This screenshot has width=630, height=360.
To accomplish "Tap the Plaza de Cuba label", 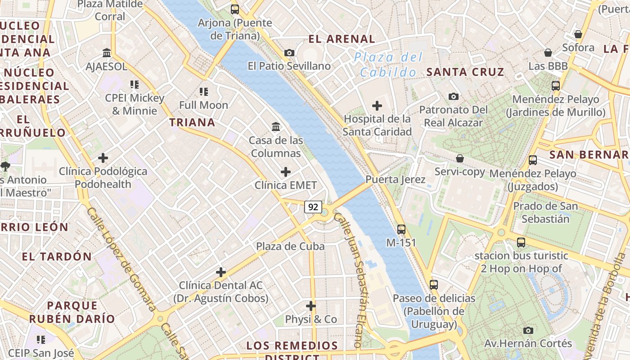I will click(x=290, y=246).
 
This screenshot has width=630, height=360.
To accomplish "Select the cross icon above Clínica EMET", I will click(x=286, y=172).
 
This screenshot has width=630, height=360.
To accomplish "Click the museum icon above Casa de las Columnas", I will click(x=276, y=127).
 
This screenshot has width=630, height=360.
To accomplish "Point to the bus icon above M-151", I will click(x=401, y=229).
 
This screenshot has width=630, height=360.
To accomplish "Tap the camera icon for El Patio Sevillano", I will click(x=289, y=53).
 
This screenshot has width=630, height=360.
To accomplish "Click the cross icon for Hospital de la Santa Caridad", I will click(x=377, y=106).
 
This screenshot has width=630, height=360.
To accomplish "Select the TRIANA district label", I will click(x=192, y=122).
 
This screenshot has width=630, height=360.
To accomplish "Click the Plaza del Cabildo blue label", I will click(x=388, y=64).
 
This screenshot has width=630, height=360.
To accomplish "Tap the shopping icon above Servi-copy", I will click(x=460, y=158).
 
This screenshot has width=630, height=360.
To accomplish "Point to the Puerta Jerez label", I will click(x=395, y=180).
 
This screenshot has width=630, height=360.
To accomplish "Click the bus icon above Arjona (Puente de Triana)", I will click(x=234, y=9).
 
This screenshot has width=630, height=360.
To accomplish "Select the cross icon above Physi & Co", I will click(x=311, y=306).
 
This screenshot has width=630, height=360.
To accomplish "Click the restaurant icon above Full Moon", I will click(x=204, y=92).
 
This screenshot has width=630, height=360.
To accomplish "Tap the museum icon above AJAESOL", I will click(x=107, y=53).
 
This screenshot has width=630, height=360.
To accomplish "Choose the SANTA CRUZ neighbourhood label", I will click(x=465, y=72).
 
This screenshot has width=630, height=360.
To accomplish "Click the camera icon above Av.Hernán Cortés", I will click(x=528, y=330).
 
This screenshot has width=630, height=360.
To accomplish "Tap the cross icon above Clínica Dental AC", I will click(x=221, y=272).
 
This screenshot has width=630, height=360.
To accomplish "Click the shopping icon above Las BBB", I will click(x=548, y=53).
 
